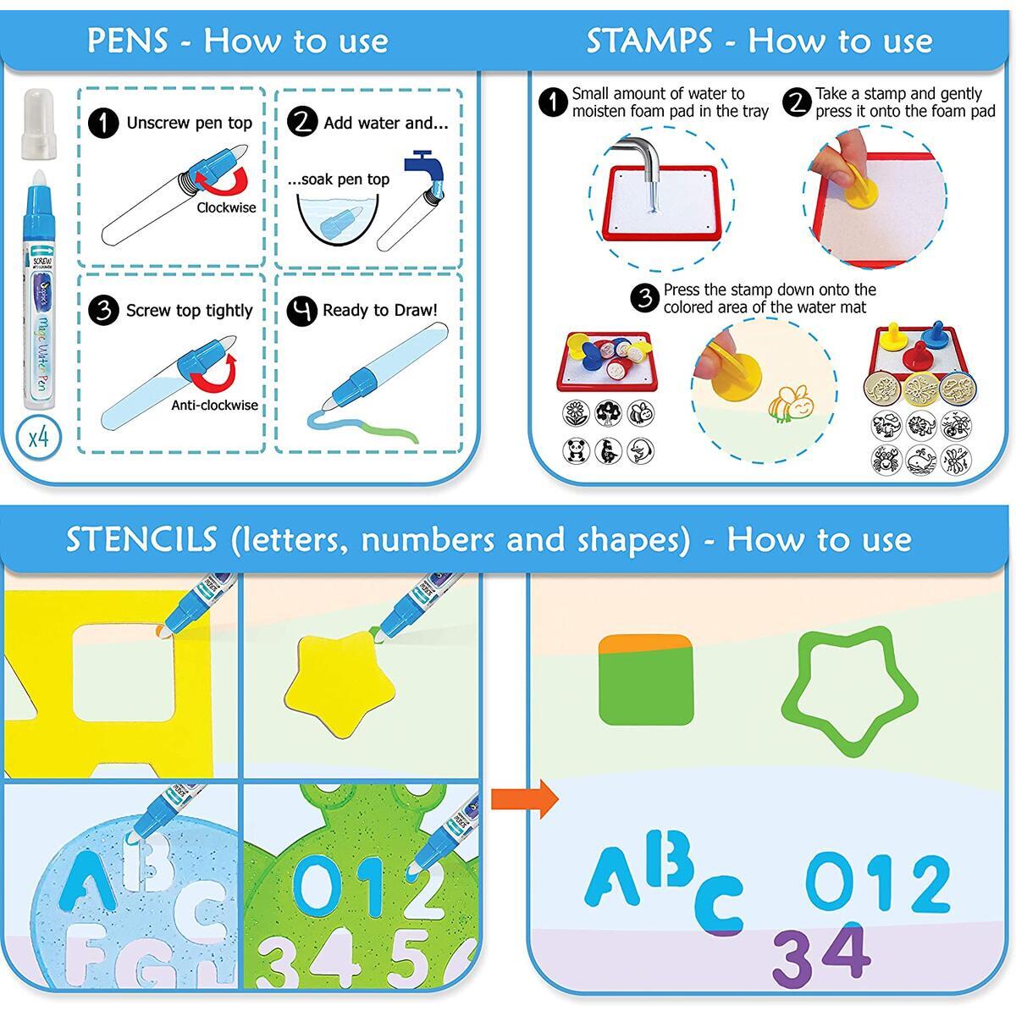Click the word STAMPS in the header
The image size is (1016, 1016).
click(649, 41)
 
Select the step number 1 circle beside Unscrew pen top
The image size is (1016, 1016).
click(103, 123)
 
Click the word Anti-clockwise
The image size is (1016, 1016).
click(214, 406)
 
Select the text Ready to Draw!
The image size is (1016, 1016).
click(380, 310)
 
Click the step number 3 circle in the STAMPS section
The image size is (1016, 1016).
click(646, 298)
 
